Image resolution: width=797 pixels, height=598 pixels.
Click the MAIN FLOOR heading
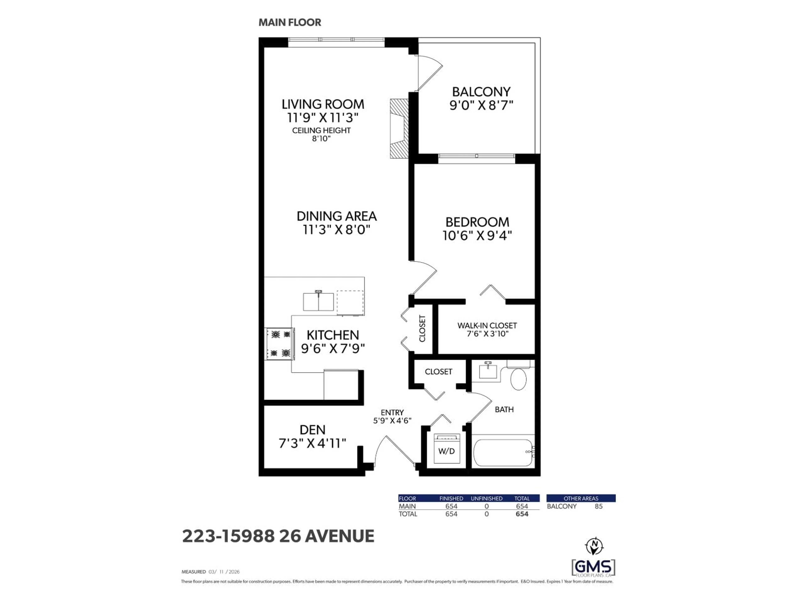pos(290,22)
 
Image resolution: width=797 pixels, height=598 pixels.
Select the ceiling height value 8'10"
pos(321,139)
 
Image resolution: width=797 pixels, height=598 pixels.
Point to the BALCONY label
pos(481,92)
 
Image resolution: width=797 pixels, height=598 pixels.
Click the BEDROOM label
pos(477,222)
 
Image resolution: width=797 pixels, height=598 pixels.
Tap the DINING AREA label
pos(336,216)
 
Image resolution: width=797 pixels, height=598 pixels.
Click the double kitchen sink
pos(318,302)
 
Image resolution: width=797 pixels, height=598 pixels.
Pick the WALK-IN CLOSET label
pos(487,326)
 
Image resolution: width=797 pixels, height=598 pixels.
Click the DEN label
pos(312,430)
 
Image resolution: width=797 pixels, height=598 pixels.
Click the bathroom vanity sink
pos(488,371)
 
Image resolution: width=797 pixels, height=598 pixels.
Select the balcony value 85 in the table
pos(598,506)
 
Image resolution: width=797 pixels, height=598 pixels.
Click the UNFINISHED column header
pos(487,498)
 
